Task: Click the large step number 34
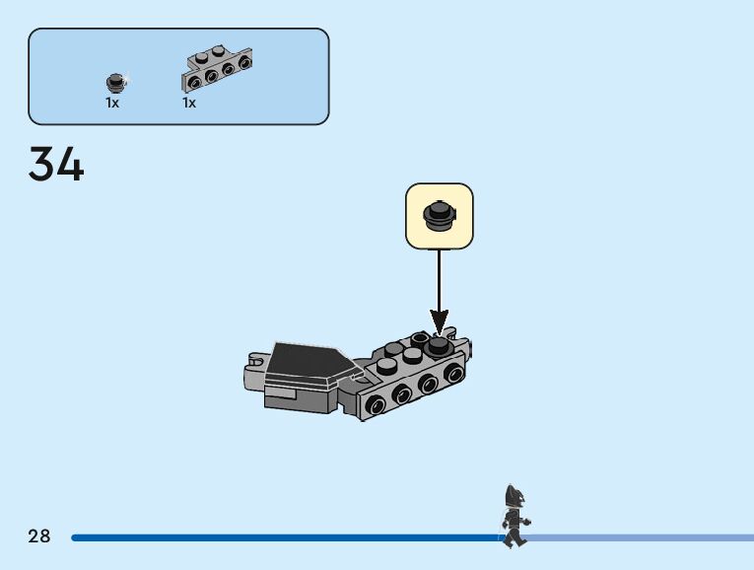[56, 164]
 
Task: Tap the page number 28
[39, 536]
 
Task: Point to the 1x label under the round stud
[112, 103]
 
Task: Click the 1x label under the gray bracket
[189, 103]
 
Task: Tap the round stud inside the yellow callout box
[440, 215]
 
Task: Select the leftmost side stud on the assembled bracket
[376, 404]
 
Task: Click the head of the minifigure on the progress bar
[514, 495]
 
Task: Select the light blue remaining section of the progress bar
[641, 537]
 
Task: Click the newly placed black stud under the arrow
[438, 342]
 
